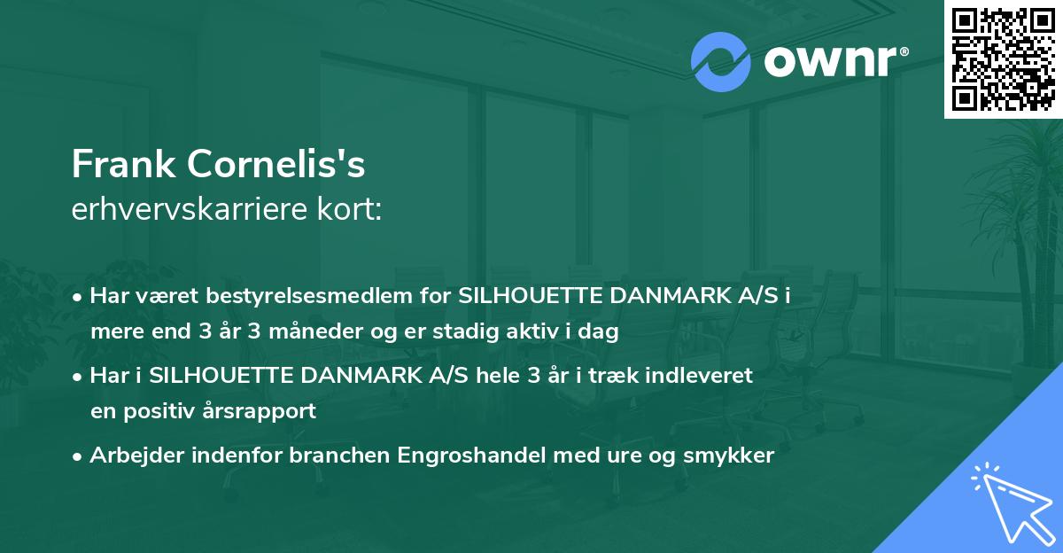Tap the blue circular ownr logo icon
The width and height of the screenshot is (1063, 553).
click(721, 62)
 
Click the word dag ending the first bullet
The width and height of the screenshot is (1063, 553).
click(601, 332)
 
